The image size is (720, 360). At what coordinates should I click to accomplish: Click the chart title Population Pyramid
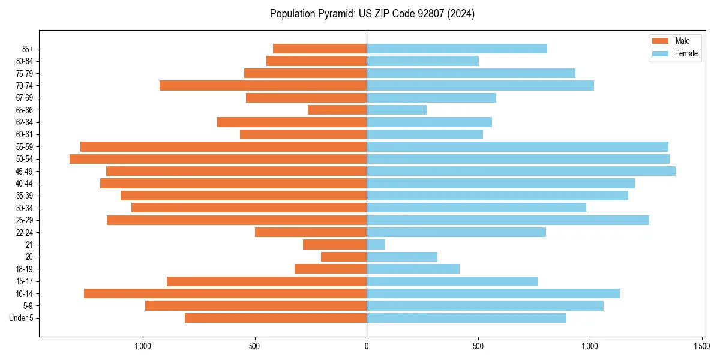[x=372, y=14]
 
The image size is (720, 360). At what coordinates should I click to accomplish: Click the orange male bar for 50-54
[x=218, y=159]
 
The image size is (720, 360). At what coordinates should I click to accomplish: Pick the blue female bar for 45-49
[x=521, y=171]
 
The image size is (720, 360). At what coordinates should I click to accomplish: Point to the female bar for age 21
[x=376, y=244]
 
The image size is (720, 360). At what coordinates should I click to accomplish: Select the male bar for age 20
[x=344, y=257]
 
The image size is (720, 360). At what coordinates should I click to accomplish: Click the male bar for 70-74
[x=263, y=85]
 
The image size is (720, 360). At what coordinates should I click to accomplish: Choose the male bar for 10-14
[x=225, y=293]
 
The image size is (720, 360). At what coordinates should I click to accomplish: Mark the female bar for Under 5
[x=466, y=318]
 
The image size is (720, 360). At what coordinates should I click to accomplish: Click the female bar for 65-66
[x=397, y=110]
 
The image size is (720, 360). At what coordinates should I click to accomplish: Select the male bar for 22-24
[x=311, y=232]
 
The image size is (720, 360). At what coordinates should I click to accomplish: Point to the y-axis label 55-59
[x=25, y=147]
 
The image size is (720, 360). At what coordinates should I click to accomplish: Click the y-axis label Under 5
[x=22, y=318]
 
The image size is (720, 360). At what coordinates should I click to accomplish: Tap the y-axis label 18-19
[x=25, y=269]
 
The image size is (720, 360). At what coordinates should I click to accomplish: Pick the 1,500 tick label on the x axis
[x=702, y=346]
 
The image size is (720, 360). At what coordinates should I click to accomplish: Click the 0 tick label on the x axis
[x=367, y=346]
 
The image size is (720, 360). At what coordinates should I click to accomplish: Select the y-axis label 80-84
[x=25, y=61]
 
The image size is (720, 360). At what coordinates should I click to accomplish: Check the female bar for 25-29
[x=508, y=220]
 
